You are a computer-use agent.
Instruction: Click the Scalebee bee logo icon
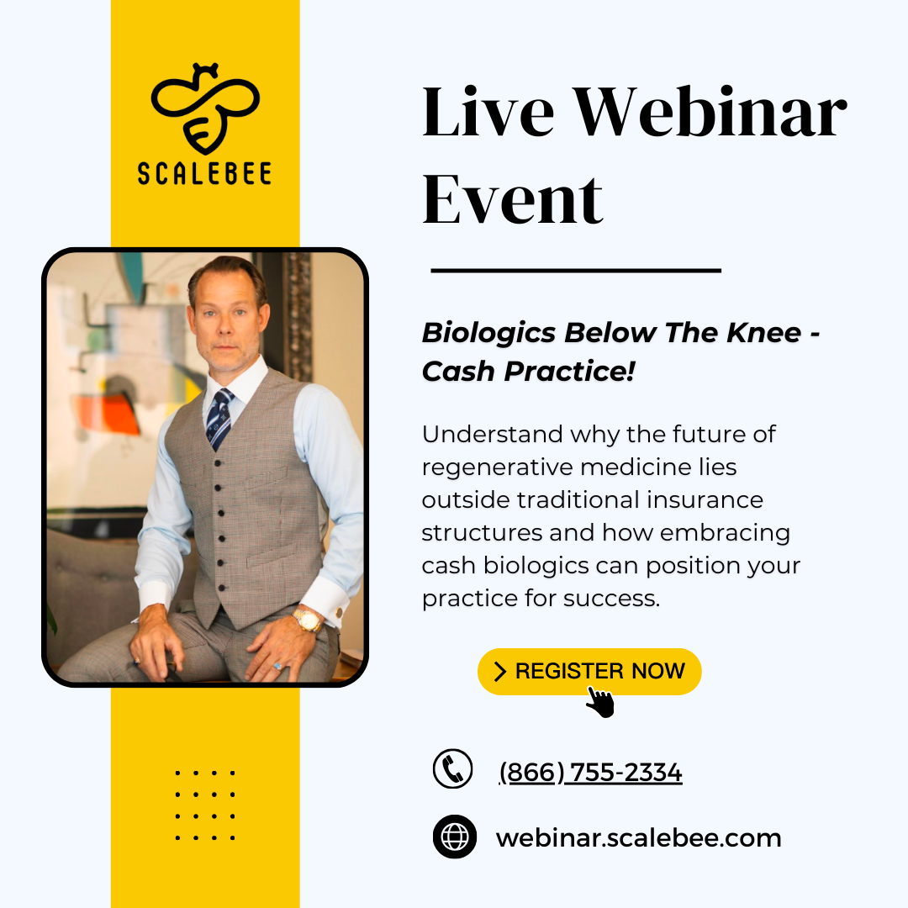[x=205, y=106]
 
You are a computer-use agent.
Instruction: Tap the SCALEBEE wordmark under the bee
[x=205, y=172]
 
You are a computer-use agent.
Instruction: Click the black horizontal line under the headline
[x=576, y=271]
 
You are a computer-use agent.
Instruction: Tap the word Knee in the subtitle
[x=763, y=333]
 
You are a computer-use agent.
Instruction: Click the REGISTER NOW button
[x=589, y=671]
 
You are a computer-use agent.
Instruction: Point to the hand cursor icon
[x=600, y=701]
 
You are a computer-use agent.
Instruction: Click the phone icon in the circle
[x=453, y=768]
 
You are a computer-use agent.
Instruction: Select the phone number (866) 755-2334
[x=590, y=772]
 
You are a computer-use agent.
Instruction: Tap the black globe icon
[x=455, y=837]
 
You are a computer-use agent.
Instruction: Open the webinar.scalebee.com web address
[x=639, y=838]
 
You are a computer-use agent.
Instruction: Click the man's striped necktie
[x=220, y=418]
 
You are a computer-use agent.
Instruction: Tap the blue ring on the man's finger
[x=278, y=667]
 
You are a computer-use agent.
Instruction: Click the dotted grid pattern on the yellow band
[x=205, y=805]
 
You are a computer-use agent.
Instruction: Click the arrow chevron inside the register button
[x=500, y=671]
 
